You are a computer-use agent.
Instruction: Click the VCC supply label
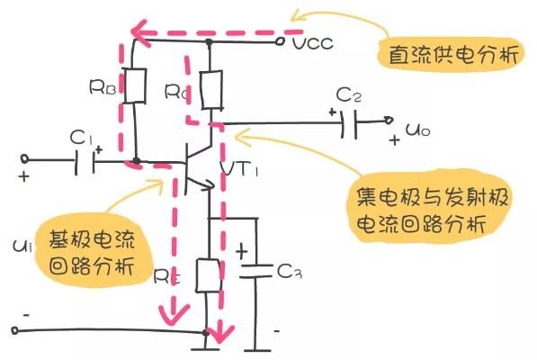click(311, 43)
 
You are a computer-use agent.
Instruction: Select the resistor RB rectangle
click(136, 85)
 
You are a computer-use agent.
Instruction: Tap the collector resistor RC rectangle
click(210, 90)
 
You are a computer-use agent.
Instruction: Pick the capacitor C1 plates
click(87, 163)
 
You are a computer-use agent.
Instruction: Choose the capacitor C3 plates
click(255, 270)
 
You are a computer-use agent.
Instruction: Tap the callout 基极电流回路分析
click(92, 253)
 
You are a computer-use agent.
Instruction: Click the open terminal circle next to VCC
click(282, 41)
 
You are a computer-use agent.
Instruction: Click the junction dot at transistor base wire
click(136, 163)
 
